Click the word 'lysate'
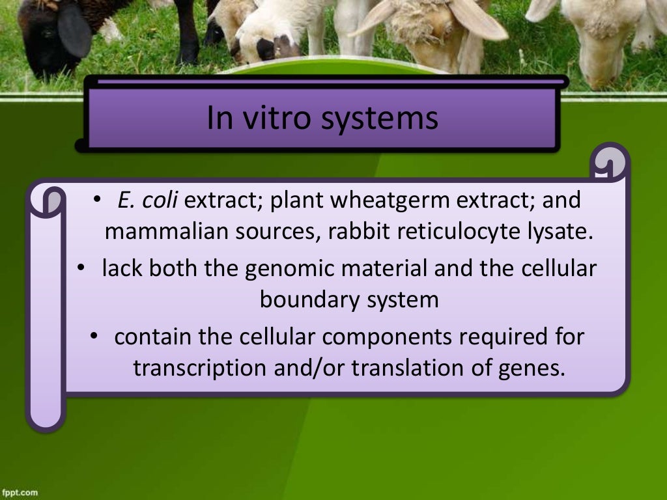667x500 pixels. click(561, 232)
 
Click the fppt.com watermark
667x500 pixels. click(19, 492)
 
